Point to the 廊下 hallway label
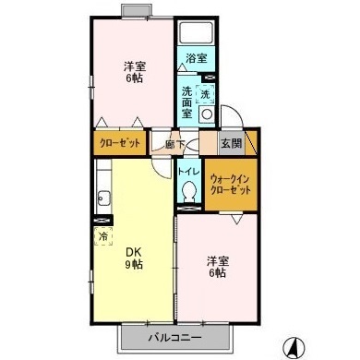174,144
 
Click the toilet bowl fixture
189,191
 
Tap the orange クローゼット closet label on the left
118,145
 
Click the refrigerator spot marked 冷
102,236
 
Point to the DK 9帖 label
135,258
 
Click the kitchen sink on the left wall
102,196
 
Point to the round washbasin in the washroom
206,115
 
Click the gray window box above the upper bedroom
138,11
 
